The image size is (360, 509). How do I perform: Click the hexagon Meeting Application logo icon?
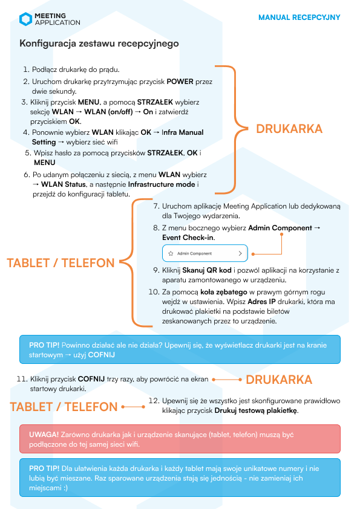(25, 19)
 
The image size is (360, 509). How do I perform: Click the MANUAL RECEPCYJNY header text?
(299, 17)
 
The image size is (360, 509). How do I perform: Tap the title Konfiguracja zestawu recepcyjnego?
(99, 43)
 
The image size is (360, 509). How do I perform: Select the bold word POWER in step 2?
(180, 82)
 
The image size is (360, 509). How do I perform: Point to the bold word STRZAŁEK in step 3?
(155, 102)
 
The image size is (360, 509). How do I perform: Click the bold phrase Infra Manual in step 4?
(183, 132)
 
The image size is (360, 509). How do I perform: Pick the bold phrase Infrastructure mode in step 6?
(162, 184)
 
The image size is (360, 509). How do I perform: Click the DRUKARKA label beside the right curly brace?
(289, 129)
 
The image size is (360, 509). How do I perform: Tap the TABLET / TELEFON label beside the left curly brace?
(61, 263)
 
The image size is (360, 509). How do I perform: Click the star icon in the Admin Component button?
(171, 253)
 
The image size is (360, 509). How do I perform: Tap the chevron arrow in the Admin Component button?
(240, 253)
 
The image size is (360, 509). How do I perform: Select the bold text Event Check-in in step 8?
(188, 238)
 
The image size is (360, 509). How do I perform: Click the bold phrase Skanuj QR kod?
(207, 270)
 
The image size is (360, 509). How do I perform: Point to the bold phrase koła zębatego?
(223, 292)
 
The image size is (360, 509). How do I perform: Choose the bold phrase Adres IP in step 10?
(261, 302)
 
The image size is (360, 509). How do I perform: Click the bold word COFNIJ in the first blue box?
(102, 355)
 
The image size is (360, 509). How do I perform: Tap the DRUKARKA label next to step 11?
(279, 380)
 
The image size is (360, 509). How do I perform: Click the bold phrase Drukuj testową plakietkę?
(256, 410)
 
